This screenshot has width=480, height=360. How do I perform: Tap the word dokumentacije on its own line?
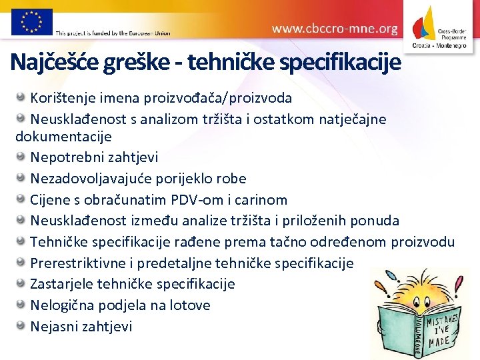(x=63, y=137)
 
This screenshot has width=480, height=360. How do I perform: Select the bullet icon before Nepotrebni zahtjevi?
(x=22, y=157)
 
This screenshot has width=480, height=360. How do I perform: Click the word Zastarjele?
(x=62, y=284)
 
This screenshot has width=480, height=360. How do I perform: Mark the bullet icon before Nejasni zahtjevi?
(x=22, y=326)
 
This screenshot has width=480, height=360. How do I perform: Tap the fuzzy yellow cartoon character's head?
(x=399, y=287)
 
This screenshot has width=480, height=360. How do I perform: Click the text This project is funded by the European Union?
(x=113, y=33)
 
